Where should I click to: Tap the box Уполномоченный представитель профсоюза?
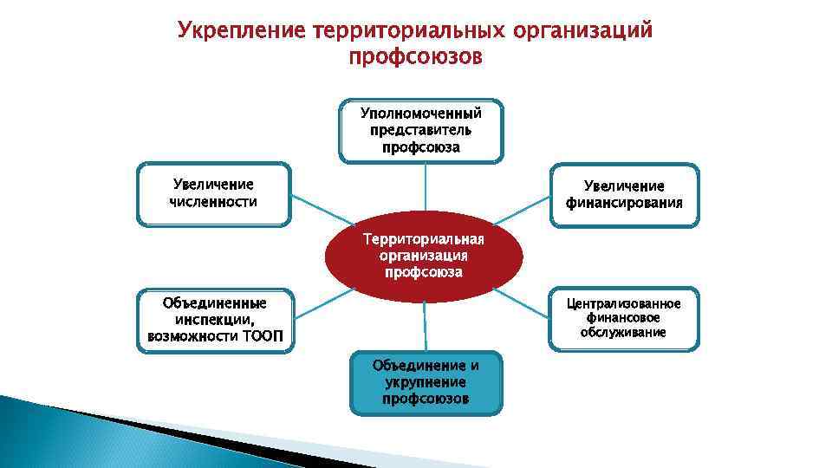pos(420,130)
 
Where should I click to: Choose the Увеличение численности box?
pos(213,194)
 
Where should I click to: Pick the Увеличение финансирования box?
pos(624,195)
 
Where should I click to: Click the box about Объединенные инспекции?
pos(215,320)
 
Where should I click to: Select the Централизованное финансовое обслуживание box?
pos(624,318)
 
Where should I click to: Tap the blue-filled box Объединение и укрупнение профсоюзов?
pos(426,382)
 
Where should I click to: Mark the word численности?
pos(213,202)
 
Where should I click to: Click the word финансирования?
pos(624,204)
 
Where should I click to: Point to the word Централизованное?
pos(624,303)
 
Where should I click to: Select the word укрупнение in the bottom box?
pos(426,382)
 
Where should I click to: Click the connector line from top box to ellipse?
pos(424,187)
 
